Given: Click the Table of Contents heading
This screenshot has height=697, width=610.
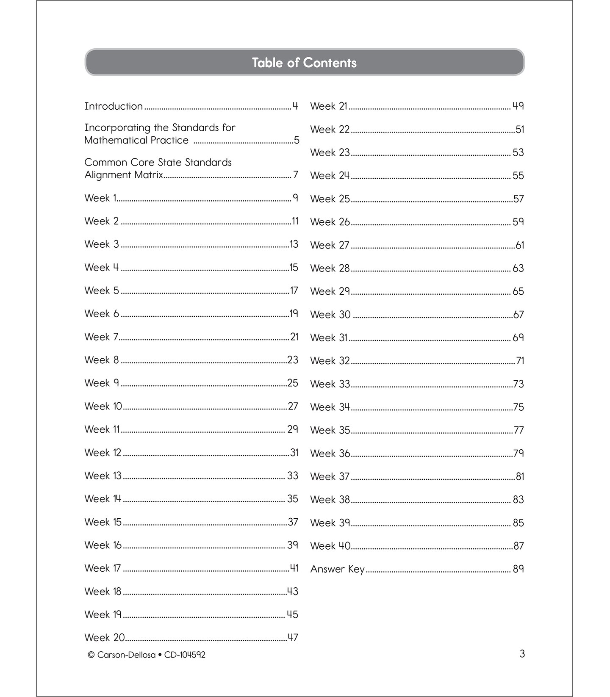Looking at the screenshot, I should [304, 63].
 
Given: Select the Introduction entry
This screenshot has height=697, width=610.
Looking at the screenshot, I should [114, 106].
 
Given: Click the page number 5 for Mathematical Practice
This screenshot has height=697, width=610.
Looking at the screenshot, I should [296, 141].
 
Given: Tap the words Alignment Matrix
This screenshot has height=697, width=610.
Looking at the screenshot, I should [124, 175].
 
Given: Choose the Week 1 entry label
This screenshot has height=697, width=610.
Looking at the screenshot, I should [100, 198].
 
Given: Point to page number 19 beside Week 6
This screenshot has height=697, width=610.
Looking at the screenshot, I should [294, 314].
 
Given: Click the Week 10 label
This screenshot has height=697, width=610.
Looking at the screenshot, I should [103, 407].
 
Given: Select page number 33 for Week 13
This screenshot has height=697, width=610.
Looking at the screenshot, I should [293, 476].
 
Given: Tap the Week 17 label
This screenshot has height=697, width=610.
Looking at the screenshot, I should [103, 568].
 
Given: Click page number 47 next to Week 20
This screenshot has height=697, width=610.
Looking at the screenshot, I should [293, 638].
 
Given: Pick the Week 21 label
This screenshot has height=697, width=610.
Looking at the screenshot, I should [329, 106].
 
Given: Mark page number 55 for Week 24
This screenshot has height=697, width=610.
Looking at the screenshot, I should [518, 176].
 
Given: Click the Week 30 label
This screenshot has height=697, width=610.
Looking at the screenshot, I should [330, 315].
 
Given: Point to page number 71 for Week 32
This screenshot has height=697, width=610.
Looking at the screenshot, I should [520, 361].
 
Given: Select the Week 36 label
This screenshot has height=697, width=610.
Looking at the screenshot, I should [330, 454].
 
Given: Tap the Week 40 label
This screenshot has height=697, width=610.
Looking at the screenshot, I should [330, 546].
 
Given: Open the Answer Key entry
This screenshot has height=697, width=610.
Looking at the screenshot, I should [337, 569].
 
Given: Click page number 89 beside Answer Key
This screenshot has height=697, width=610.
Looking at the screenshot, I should [518, 569].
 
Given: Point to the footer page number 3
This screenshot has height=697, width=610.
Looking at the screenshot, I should [522, 654].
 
